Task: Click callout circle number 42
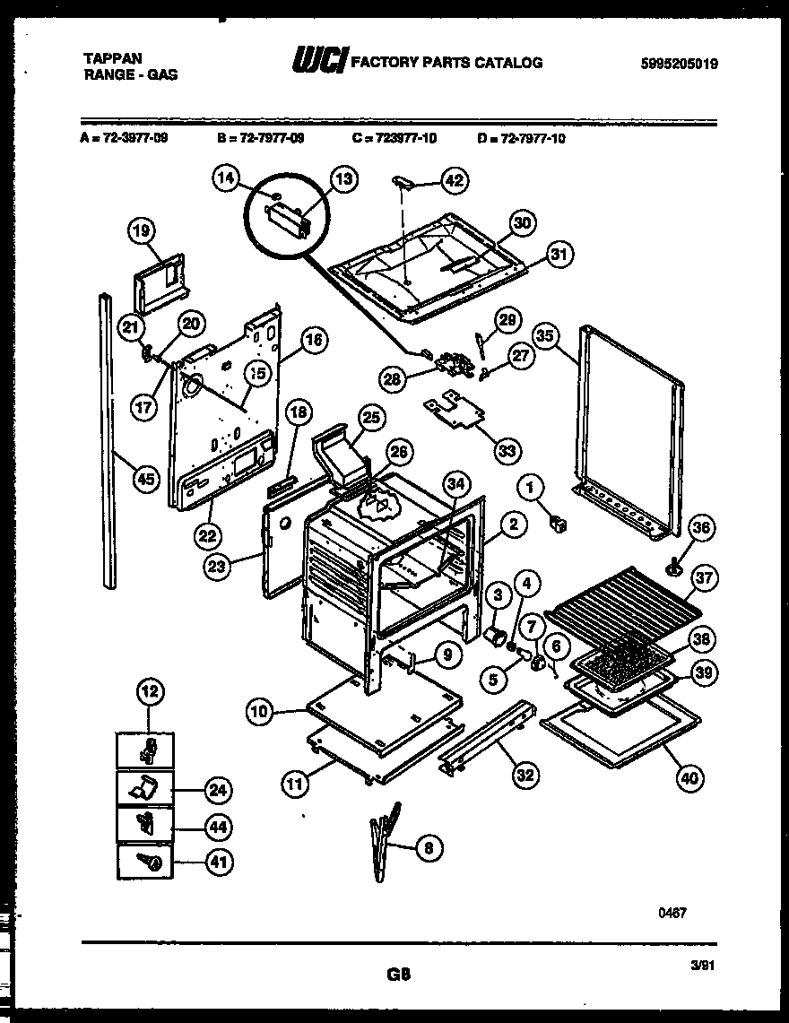455,180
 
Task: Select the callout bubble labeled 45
143,479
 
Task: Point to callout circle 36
701,529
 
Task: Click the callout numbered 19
139,232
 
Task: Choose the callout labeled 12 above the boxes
150,690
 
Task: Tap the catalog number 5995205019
680,64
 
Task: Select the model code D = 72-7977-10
522,138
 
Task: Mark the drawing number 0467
672,913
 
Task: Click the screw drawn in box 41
150,863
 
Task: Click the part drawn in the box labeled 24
143,788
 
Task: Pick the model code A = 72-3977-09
123,138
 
